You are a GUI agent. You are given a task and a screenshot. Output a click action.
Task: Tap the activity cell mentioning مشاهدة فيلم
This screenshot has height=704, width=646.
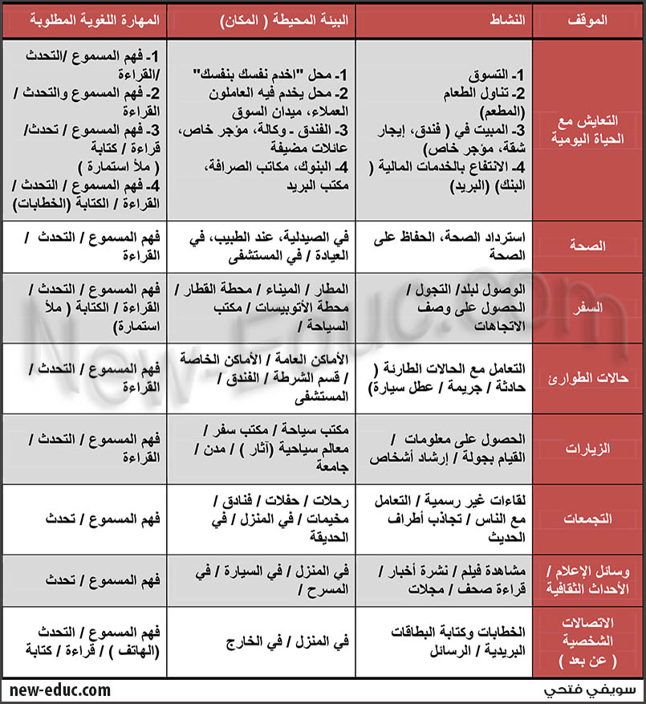point(451,579)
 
